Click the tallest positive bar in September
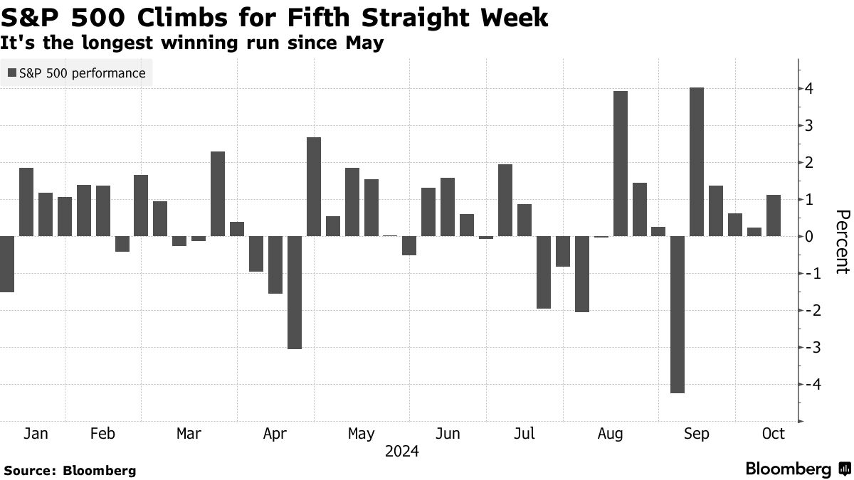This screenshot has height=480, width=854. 697,162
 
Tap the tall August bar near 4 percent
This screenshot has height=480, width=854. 620,164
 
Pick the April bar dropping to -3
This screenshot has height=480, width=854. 295,292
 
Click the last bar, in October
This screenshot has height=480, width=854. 774,215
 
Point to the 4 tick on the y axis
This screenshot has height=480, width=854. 810,89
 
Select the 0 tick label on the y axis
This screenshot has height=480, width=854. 810,237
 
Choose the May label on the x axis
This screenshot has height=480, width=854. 361,434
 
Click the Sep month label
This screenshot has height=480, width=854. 696,434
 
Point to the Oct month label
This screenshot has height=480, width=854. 773,434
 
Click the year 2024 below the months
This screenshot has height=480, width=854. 401,452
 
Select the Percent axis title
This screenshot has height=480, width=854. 843,242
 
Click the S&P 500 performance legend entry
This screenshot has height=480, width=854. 76,73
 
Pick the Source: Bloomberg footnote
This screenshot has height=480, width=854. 70,470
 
